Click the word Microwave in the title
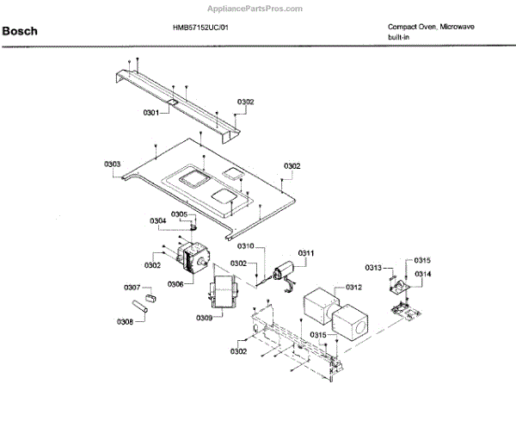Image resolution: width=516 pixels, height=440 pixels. click(x=456, y=28)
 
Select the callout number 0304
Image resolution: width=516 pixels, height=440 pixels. click(x=158, y=221)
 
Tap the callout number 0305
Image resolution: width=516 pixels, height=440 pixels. click(x=179, y=214)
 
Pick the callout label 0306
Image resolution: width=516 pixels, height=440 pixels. click(x=175, y=283)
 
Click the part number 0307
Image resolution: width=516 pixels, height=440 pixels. click(x=132, y=287)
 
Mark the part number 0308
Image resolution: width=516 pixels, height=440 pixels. click(x=125, y=322)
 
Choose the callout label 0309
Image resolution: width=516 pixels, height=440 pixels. click(x=204, y=319)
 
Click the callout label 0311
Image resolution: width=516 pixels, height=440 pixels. click(x=307, y=252)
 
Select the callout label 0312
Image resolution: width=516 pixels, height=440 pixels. click(x=353, y=287)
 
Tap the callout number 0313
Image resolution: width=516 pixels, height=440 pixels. click(x=372, y=268)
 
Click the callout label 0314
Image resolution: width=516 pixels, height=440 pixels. click(x=422, y=274)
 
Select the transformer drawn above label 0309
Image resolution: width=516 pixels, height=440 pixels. click(x=223, y=288)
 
